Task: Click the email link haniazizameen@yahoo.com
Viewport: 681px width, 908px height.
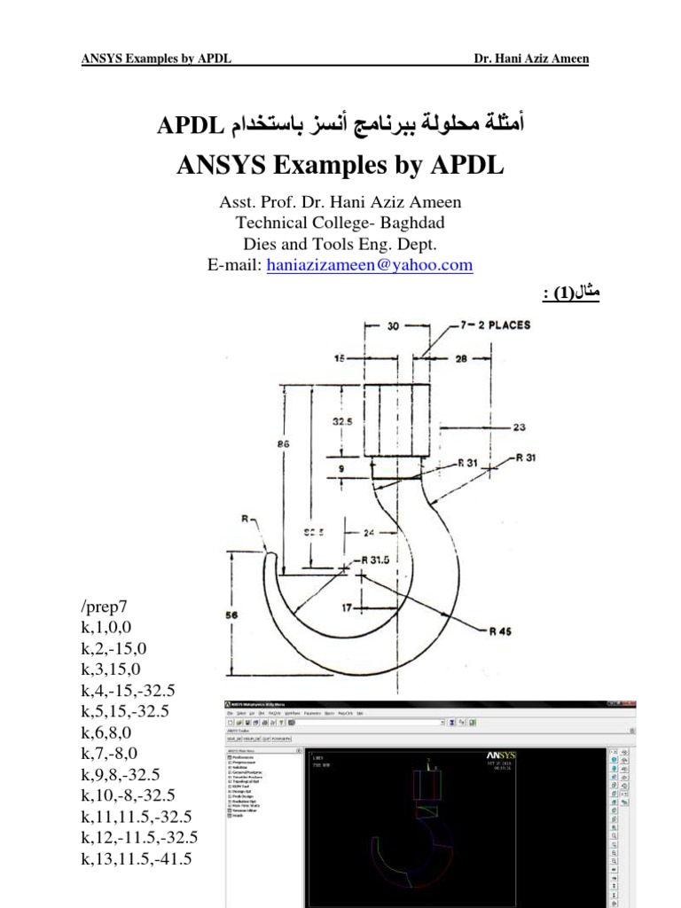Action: tap(370, 265)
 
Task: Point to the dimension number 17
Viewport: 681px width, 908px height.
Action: tap(348, 608)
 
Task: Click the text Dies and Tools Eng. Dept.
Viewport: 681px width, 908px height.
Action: tap(340, 243)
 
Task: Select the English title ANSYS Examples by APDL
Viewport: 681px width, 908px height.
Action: tap(340, 165)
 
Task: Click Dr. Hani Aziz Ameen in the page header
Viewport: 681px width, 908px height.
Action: tap(530, 59)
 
